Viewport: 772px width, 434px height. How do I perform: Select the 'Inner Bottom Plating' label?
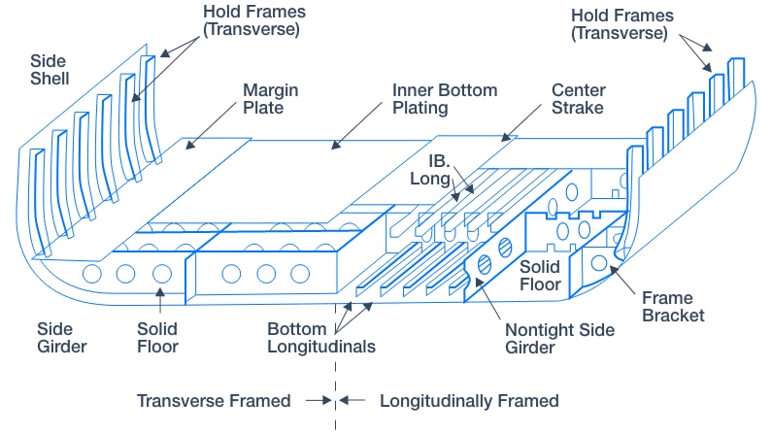pyautogui.click(x=445, y=98)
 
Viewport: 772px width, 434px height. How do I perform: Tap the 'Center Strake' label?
pyautogui.click(x=579, y=98)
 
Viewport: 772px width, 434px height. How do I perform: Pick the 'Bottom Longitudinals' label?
pyautogui.click(x=320, y=338)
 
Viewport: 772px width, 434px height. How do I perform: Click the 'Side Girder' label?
pyautogui.click(x=61, y=338)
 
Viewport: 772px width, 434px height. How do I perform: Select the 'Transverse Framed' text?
pyautogui.click(x=214, y=401)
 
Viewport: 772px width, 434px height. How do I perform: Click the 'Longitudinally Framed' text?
pyautogui.click(x=469, y=401)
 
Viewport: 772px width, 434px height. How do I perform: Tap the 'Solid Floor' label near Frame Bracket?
pyautogui.click(x=541, y=275)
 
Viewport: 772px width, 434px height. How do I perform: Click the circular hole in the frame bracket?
pyautogui.click(x=600, y=263)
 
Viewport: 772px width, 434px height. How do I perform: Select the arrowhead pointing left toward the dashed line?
pyautogui.click(x=345, y=401)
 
